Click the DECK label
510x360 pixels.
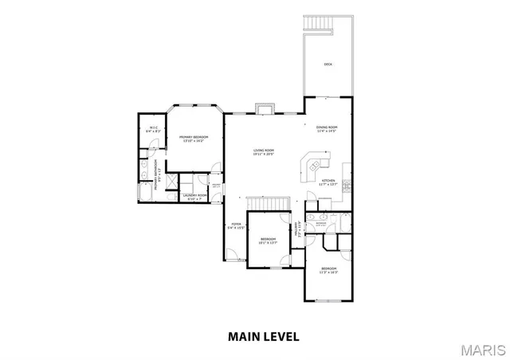pyautogui.click(x=328, y=65)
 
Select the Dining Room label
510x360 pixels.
pyautogui.click(x=327, y=129)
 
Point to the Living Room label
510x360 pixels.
pyautogui.click(x=264, y=152)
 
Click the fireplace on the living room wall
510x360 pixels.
pyautogui.click(x=265, y=109)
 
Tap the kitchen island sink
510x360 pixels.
pyautogui.click(x=314, y=166)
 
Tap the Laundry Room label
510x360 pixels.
pyautogui.click(x=194, y=197)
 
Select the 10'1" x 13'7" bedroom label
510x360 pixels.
pyautogui.click(x=269, y=241)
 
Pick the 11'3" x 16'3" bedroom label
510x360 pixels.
pyautogui.click(x=329, y=271)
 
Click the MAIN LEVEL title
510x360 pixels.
pyautogui.click(x=264, y=336)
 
